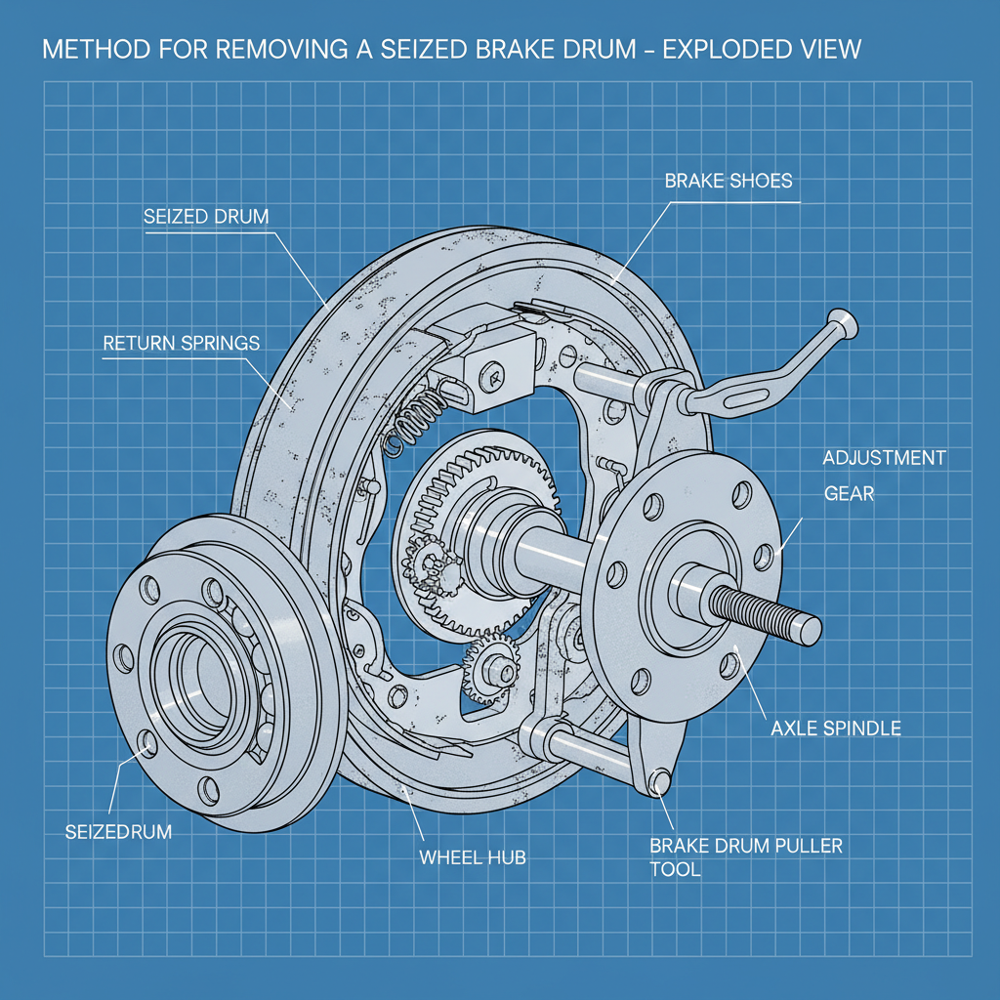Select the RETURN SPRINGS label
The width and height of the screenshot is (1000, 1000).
click(182, 344)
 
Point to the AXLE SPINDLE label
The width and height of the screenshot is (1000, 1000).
click(835, 728)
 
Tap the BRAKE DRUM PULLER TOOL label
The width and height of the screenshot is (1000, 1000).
click(744, 856)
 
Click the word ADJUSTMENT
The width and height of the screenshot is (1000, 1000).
click(884, 458)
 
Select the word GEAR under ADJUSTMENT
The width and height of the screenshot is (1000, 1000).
click(849, 494)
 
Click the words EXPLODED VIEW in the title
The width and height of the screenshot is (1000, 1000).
click(763, 50)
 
